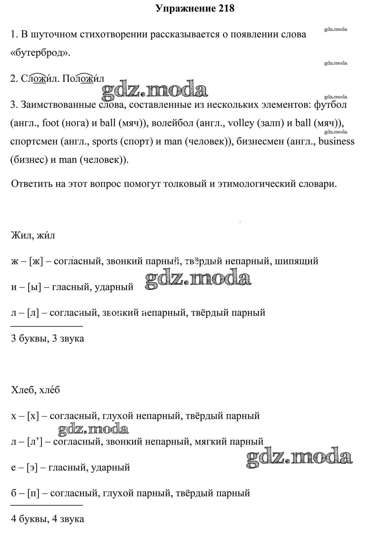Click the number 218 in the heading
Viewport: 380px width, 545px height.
coord(225,8)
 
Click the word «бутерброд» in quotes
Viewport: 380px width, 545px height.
coord(40,53)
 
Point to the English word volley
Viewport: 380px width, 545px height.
coord(241,123)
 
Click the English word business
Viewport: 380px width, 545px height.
coord(336,141)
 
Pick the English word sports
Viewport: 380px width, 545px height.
coord(105,141)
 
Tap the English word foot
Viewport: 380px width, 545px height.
coord(50,123)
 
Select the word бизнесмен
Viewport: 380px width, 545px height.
coord(258,141)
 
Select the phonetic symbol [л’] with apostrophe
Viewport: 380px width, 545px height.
coord(35,442)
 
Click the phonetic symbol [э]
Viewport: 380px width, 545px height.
coord(32,467)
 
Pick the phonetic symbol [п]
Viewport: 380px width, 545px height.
coord(33,493)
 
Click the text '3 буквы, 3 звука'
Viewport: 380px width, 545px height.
coord(47,338)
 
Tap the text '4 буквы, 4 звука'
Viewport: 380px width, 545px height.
coord(47,519)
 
